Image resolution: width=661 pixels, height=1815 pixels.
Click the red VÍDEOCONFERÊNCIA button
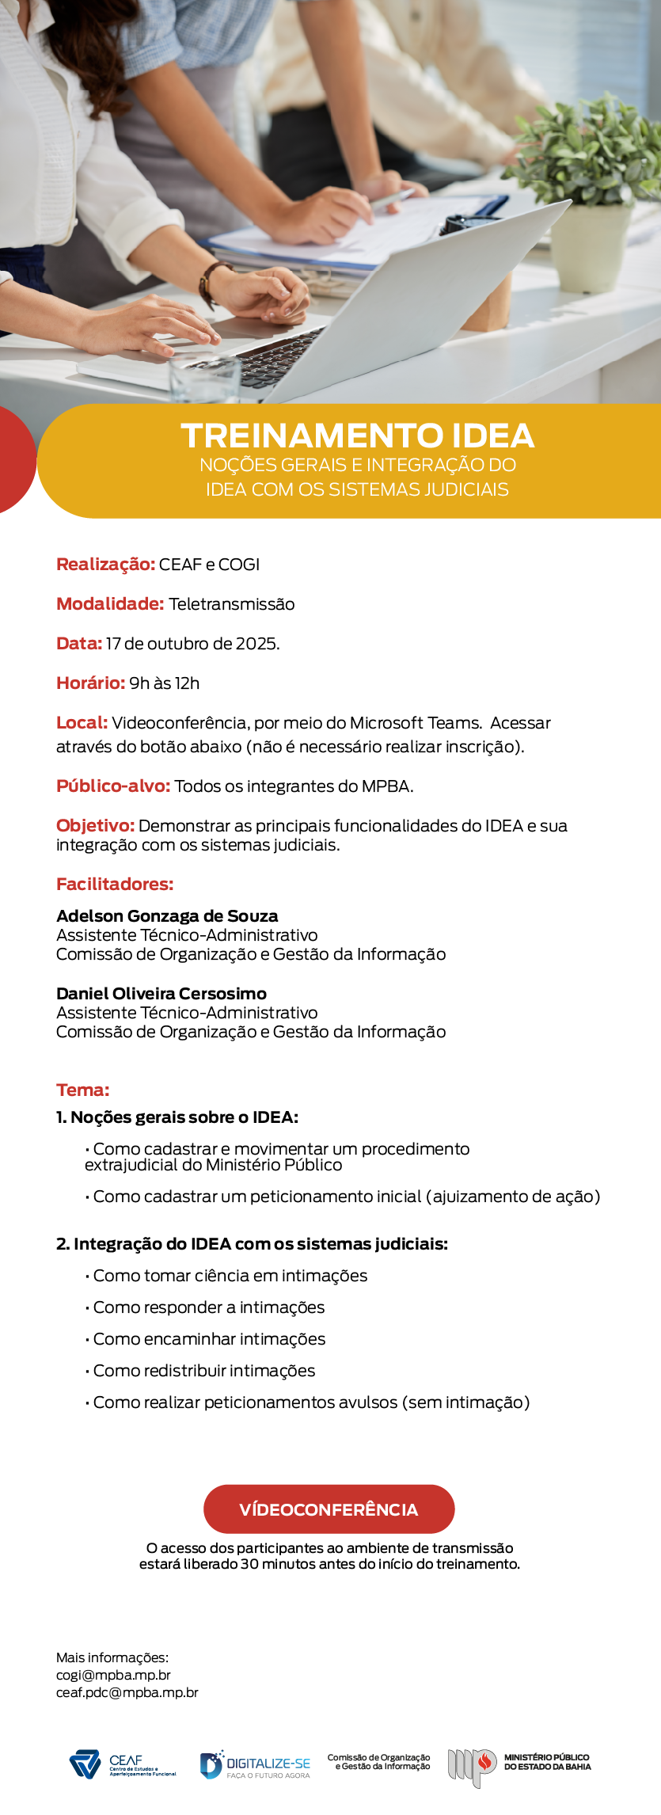(329, 1509)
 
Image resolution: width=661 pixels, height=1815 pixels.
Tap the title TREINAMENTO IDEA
(357, 436)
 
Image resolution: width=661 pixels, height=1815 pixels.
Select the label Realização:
(105, 565)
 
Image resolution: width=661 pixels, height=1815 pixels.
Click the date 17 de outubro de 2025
(192, 644)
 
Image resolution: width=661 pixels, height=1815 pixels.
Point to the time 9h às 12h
(165, 683)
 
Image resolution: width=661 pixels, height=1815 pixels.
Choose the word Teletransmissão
(231, 604)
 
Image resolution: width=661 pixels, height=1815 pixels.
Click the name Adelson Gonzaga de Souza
(167, 916)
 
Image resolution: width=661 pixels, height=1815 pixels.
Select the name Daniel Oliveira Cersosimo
(161, 994)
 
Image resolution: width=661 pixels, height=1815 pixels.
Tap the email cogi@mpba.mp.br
(113, 1675)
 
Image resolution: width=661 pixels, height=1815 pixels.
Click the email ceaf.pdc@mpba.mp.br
(127, 1692)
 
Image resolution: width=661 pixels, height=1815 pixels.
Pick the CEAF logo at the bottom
(123, 1764)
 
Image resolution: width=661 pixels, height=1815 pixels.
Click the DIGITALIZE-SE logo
(255, 1764)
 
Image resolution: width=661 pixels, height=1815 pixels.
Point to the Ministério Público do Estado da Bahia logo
(519, 1764)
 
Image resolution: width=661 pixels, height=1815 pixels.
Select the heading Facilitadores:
(115, 885)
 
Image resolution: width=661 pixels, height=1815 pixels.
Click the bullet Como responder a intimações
(208, 1307)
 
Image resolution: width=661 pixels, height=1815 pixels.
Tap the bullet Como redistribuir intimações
(203, 1371)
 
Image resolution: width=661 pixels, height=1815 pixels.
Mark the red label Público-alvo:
(113, 786)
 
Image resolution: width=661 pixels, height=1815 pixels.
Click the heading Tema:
(82, 1090)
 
